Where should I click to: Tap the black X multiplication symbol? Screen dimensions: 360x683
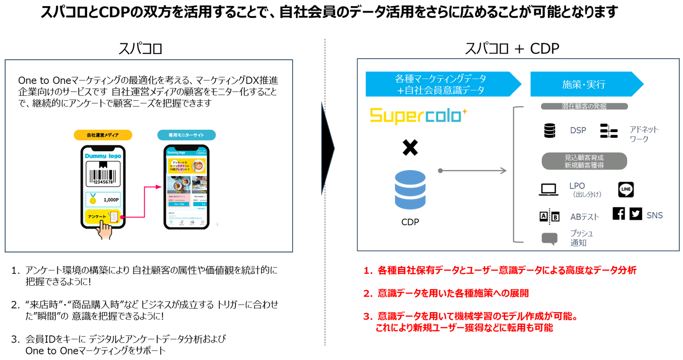click(410, 147)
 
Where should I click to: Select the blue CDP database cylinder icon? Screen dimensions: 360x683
click(410, 190)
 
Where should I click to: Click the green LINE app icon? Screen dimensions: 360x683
click(626, 189)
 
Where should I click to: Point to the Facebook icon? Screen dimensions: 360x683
click(619, 214)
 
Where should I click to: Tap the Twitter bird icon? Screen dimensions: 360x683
click(636, 214)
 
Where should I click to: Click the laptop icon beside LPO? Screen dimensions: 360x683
click(548, 190)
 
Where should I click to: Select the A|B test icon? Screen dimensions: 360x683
click(549, 216)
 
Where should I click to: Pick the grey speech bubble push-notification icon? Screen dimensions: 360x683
click(549, 239)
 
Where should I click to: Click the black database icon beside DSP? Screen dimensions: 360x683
click(549, 130)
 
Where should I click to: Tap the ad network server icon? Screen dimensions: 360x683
click(609, 131)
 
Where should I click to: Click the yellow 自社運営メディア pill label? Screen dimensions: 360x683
click(102, 135)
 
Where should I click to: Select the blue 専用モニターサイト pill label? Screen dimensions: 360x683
click(186, 135)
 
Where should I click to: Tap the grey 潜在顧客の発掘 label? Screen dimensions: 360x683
click(584, 107)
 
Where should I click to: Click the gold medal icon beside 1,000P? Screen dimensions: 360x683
click(92, 199)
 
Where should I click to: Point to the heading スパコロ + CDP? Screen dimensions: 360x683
click(512, 48)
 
